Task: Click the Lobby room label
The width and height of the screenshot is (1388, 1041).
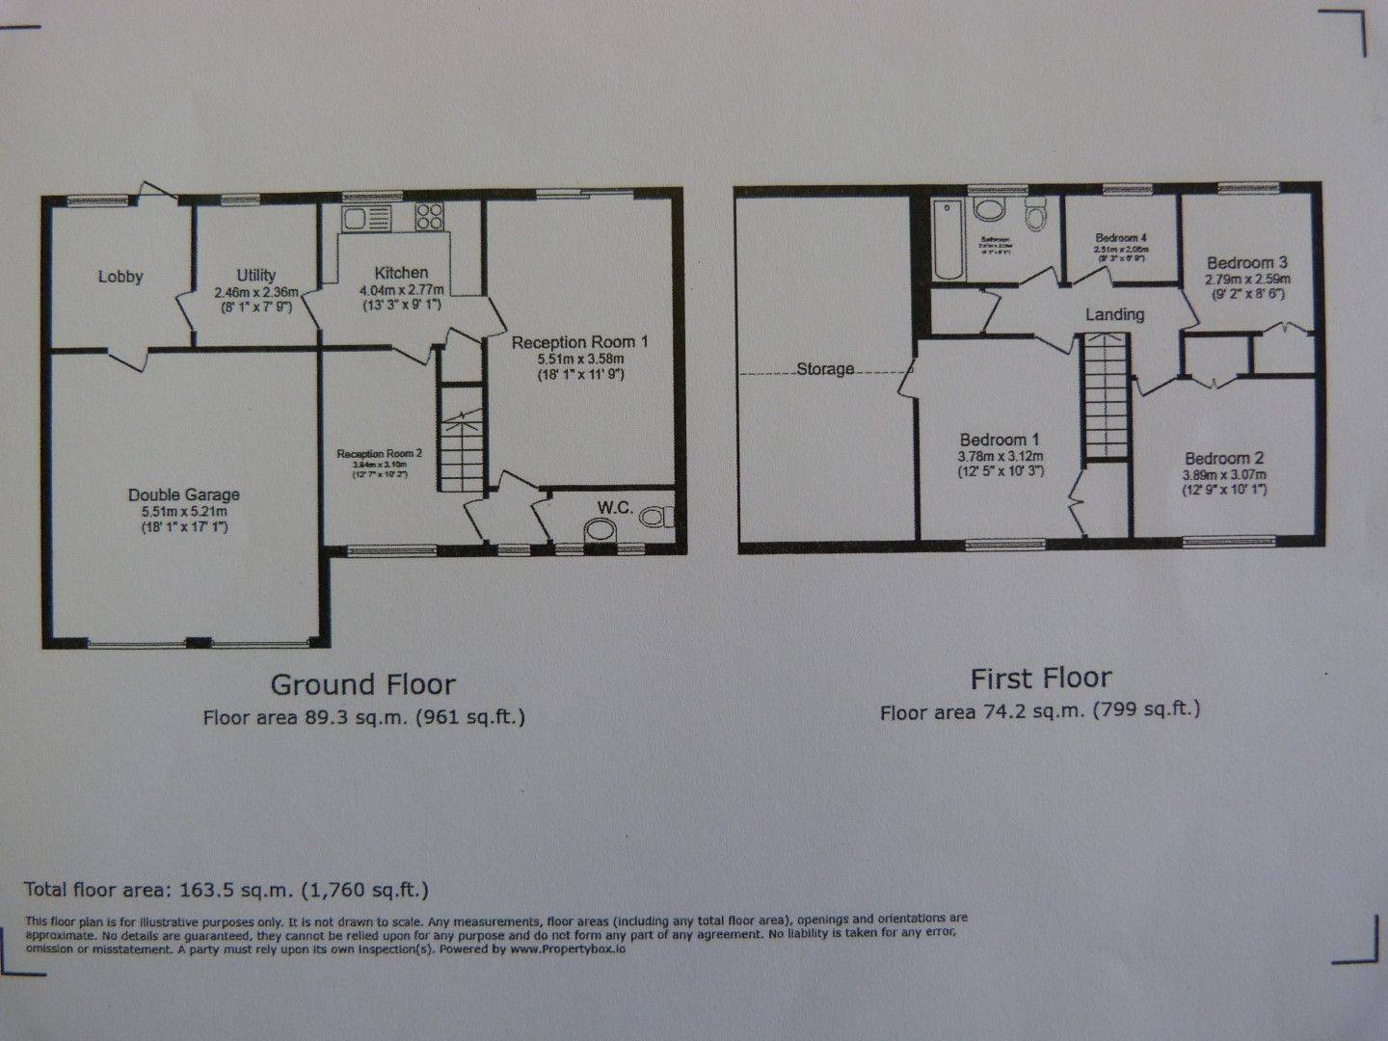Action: (120, 277)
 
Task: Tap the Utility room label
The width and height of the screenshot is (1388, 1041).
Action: (256, 276)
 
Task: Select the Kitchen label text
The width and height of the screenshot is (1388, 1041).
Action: (401, 273)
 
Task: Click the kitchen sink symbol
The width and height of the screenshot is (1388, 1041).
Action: (366, 219)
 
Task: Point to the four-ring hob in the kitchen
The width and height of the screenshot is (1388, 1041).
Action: (428, 218)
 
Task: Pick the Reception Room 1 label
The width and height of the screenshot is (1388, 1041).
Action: (579, 341)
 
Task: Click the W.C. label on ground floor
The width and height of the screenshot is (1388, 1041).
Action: (615, 507)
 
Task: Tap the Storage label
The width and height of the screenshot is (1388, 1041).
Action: (825, 369)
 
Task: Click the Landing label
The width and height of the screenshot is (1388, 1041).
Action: (1114, 314)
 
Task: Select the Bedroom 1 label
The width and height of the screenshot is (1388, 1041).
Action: (1000, 439)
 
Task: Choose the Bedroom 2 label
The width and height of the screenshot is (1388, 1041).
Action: (1224, 459)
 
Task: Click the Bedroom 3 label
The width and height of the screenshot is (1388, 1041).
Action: (1247, 262)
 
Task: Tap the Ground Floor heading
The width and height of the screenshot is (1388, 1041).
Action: (362, 684)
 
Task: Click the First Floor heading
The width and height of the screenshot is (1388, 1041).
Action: (1041, 679)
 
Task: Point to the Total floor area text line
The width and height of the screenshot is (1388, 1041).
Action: (227, 889)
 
